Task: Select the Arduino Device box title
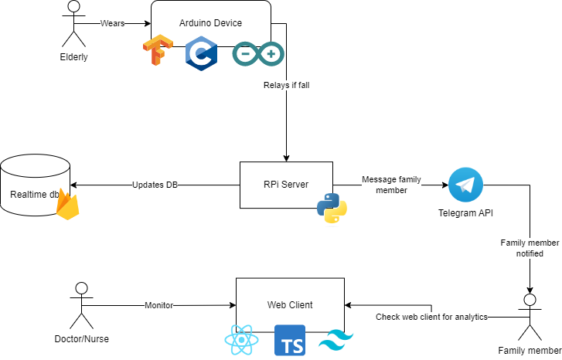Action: click(x=210, y=24)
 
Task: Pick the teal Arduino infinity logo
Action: click(x=257, y=54)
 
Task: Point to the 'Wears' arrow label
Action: click(x=113, y=23)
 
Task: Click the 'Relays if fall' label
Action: click(x=286, y=85)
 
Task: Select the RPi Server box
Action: click(x=286, y=185)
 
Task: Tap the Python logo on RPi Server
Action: click(x=332, y=208)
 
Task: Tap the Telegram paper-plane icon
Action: click(x=465, y=185)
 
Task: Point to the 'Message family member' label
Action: click(x=391, y=185)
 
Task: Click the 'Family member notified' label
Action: click(x=530, y=248)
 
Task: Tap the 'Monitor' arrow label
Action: click(x=159, y=305)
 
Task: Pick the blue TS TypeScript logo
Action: click(x=290, y=341)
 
